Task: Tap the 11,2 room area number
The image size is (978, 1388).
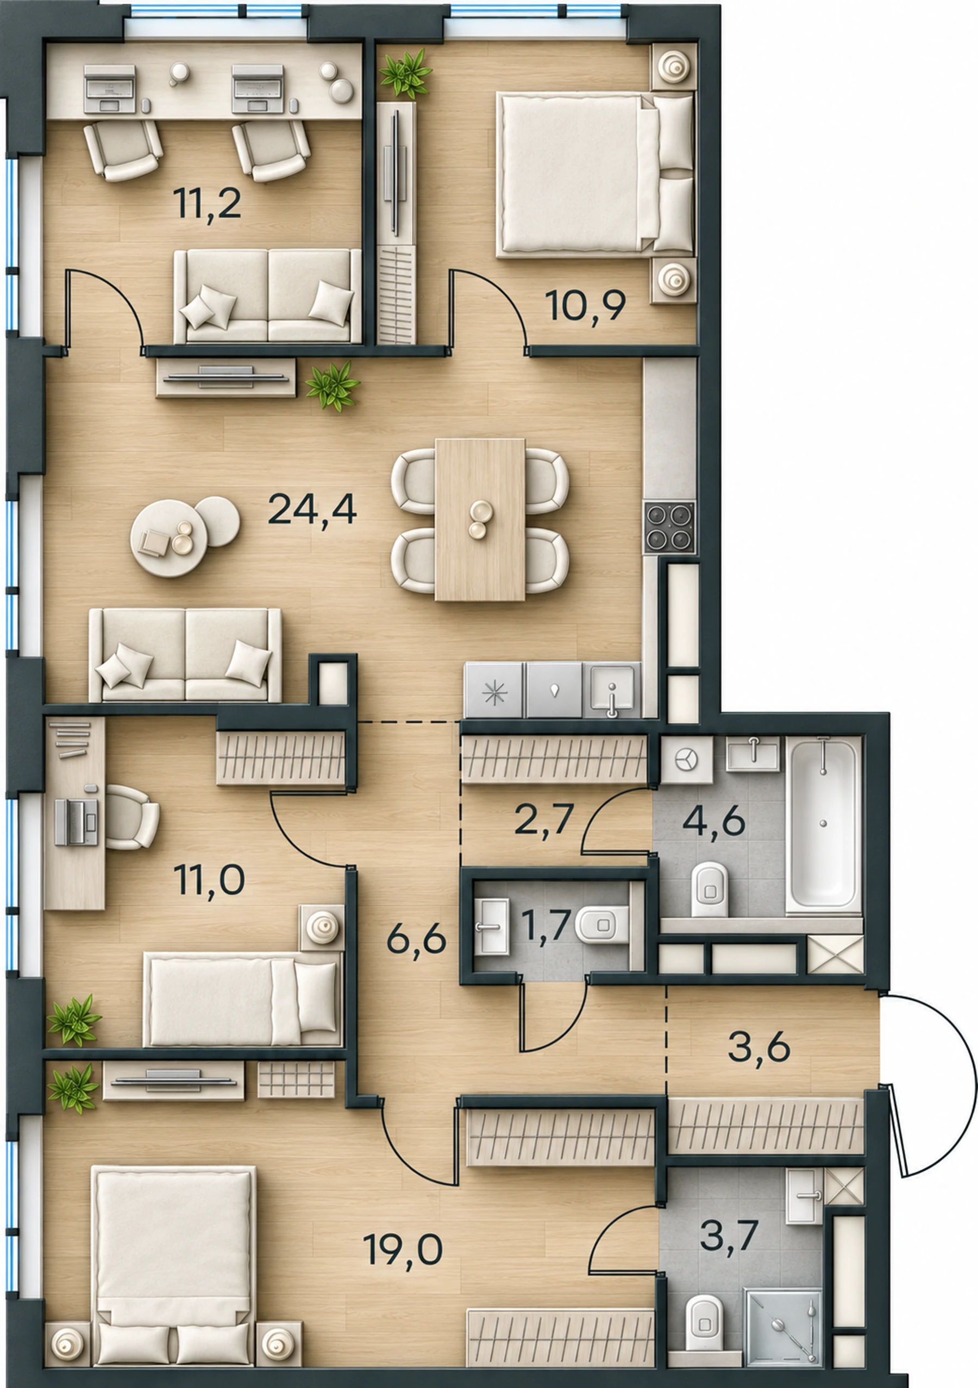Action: click(x=207, y=204)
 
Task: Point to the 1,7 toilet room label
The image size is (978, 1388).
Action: click(x=546, y=925)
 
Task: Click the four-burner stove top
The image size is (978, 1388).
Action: click(x=669, y=527)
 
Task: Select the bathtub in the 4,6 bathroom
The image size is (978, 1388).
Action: click(x=823, y=825)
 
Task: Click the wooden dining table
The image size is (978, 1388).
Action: click(x=480, y=519)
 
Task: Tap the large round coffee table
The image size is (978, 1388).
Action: click(x=169, y=538)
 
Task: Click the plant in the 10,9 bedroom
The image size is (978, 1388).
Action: click(x=406, y=74)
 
